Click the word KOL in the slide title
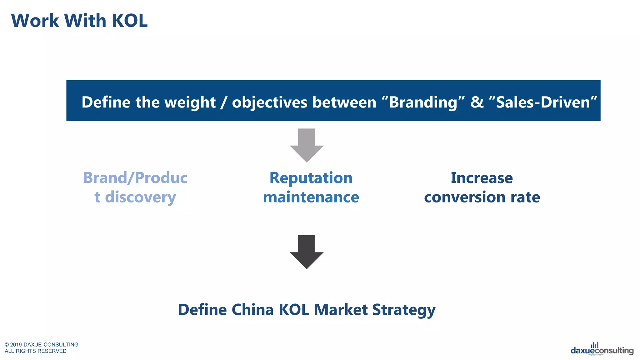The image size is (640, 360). click(x=129, y=21)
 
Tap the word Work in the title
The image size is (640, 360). click(x=35, y=21)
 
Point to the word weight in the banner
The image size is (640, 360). click(x=190, y=102)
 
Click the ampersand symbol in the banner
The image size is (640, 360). click(x=477, y=102)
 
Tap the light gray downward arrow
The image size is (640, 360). click(x=307, y=145)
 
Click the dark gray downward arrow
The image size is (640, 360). click(x=307, y=252)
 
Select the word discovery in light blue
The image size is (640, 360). click(x=140, y=197)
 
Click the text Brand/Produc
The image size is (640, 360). click(x=135, y=178)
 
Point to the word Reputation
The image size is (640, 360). click(x=311, y=178)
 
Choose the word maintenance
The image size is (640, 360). click(x=311, y=197)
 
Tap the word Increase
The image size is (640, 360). click(x=482, y=178)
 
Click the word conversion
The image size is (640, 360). click(x=465, y=197)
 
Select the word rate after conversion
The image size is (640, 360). click(x=525, y=197)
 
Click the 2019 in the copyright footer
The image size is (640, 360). click(x=16, y=345)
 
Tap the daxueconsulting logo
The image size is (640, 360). click(x=602, y=350)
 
